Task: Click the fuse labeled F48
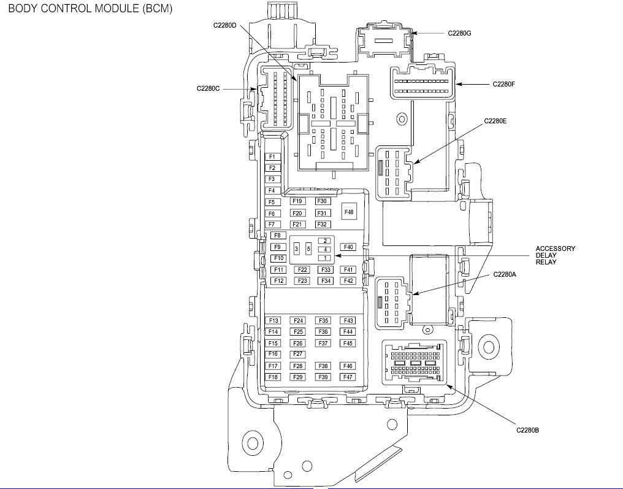[349, 212]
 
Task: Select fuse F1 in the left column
[272, 157]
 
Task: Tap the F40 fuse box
[349, 247]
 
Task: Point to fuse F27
[299, 354]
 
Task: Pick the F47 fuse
[348, 377]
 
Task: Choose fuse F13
[273, 321]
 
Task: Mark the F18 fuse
[273, 377]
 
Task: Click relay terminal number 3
[296, 248]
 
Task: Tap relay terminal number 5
[308, 248]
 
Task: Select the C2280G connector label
[459, 33]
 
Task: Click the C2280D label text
[225, 25]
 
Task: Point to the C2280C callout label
[208, 88]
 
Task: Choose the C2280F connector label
[503, 84]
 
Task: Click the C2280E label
[495, 121]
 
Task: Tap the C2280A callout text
[505, 275]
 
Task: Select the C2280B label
[527, 430]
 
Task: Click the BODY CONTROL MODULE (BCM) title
[90, 9]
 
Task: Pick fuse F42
[349, 281]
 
